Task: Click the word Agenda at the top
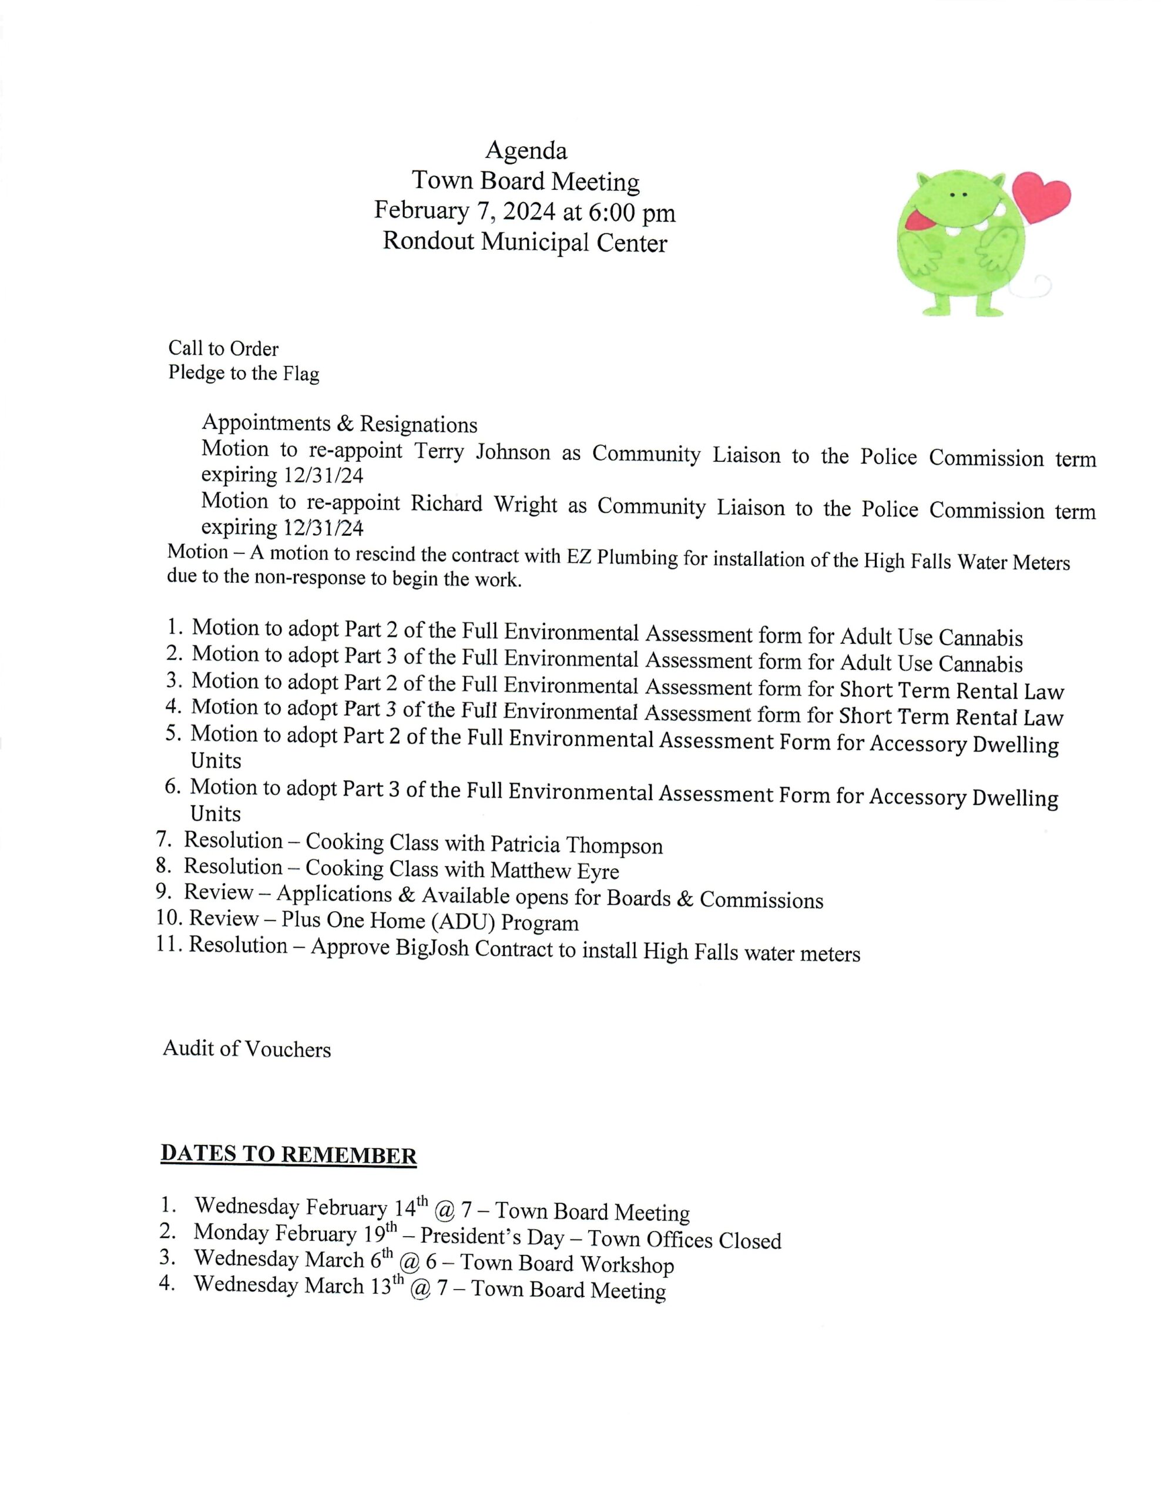click(526, 150)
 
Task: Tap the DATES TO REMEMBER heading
click(288, 1154)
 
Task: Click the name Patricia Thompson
click(576, 844)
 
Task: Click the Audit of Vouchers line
click(247, 1049)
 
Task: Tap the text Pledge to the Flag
click(244, 373)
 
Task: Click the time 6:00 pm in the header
click(631, 212)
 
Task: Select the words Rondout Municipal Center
click(525, 243)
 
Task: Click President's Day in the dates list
click(492, 1237)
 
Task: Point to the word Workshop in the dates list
click(626, 1264)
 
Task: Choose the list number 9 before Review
click(163, 892)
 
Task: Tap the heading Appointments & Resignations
click(339, 423)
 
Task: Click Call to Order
click(223, 348)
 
